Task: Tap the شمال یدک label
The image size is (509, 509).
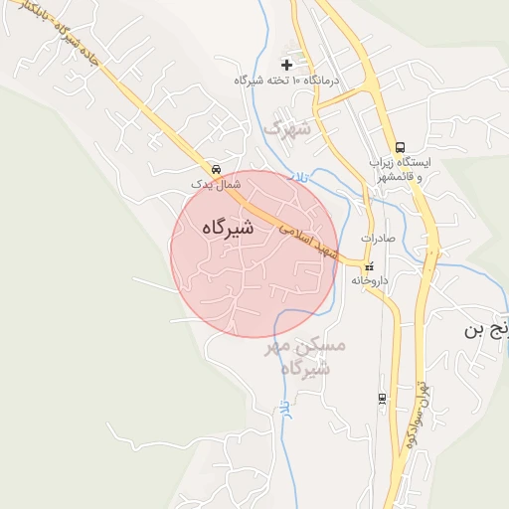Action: [217, 185]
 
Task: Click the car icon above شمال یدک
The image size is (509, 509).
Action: [217, 168]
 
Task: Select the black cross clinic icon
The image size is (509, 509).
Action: [286, 65]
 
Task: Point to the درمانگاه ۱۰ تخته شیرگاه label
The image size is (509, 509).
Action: [286, 80]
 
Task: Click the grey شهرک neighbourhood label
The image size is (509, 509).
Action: [288, 127]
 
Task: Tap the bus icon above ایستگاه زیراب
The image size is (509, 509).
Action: [400, 146]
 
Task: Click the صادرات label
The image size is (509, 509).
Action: [379, 239]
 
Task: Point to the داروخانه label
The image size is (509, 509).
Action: [370, 281]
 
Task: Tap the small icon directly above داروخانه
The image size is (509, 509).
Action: [370, 266]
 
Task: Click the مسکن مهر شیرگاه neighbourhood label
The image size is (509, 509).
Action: [305, 357]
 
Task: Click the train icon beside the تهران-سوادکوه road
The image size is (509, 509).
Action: [383, 399]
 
